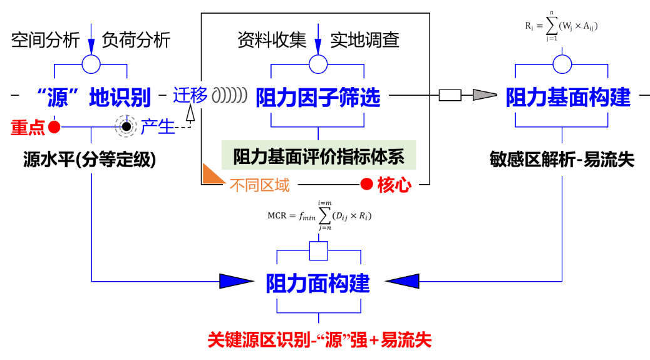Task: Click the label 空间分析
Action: click(46, 40)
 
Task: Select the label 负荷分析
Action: click(137, 40)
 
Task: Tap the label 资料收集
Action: click(272, 40)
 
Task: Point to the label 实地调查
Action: click(365, 40)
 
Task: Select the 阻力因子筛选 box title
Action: click(318, 98)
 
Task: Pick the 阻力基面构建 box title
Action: click(568, 98)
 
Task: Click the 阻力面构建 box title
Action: click(318, 283)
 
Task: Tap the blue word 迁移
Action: click(190, 95)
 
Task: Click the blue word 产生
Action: click(158, 127)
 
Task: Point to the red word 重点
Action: click(28, 128)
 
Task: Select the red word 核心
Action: click(395, 185)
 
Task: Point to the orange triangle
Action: click(211, 175)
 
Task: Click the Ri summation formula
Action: click(562, 26)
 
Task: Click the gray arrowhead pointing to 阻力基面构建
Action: click(483, 95)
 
